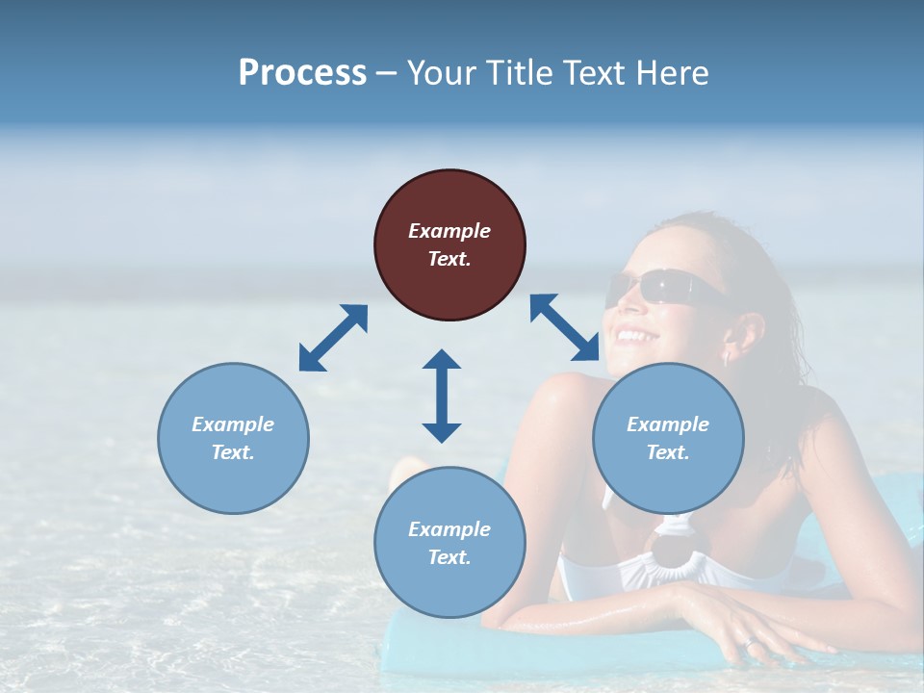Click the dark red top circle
[449, 244]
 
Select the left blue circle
[233, 438]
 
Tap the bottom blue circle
[449, 543]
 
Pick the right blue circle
[668, 438]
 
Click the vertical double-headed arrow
[442, 396]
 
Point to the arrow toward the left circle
[333, 338]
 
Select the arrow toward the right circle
[564, 327]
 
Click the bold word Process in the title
[302, 73]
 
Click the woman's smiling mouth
[634, 337]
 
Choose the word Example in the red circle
[449, 231]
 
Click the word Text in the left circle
[232, 452]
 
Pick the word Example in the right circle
[668, 424]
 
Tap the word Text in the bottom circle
[449, 557]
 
